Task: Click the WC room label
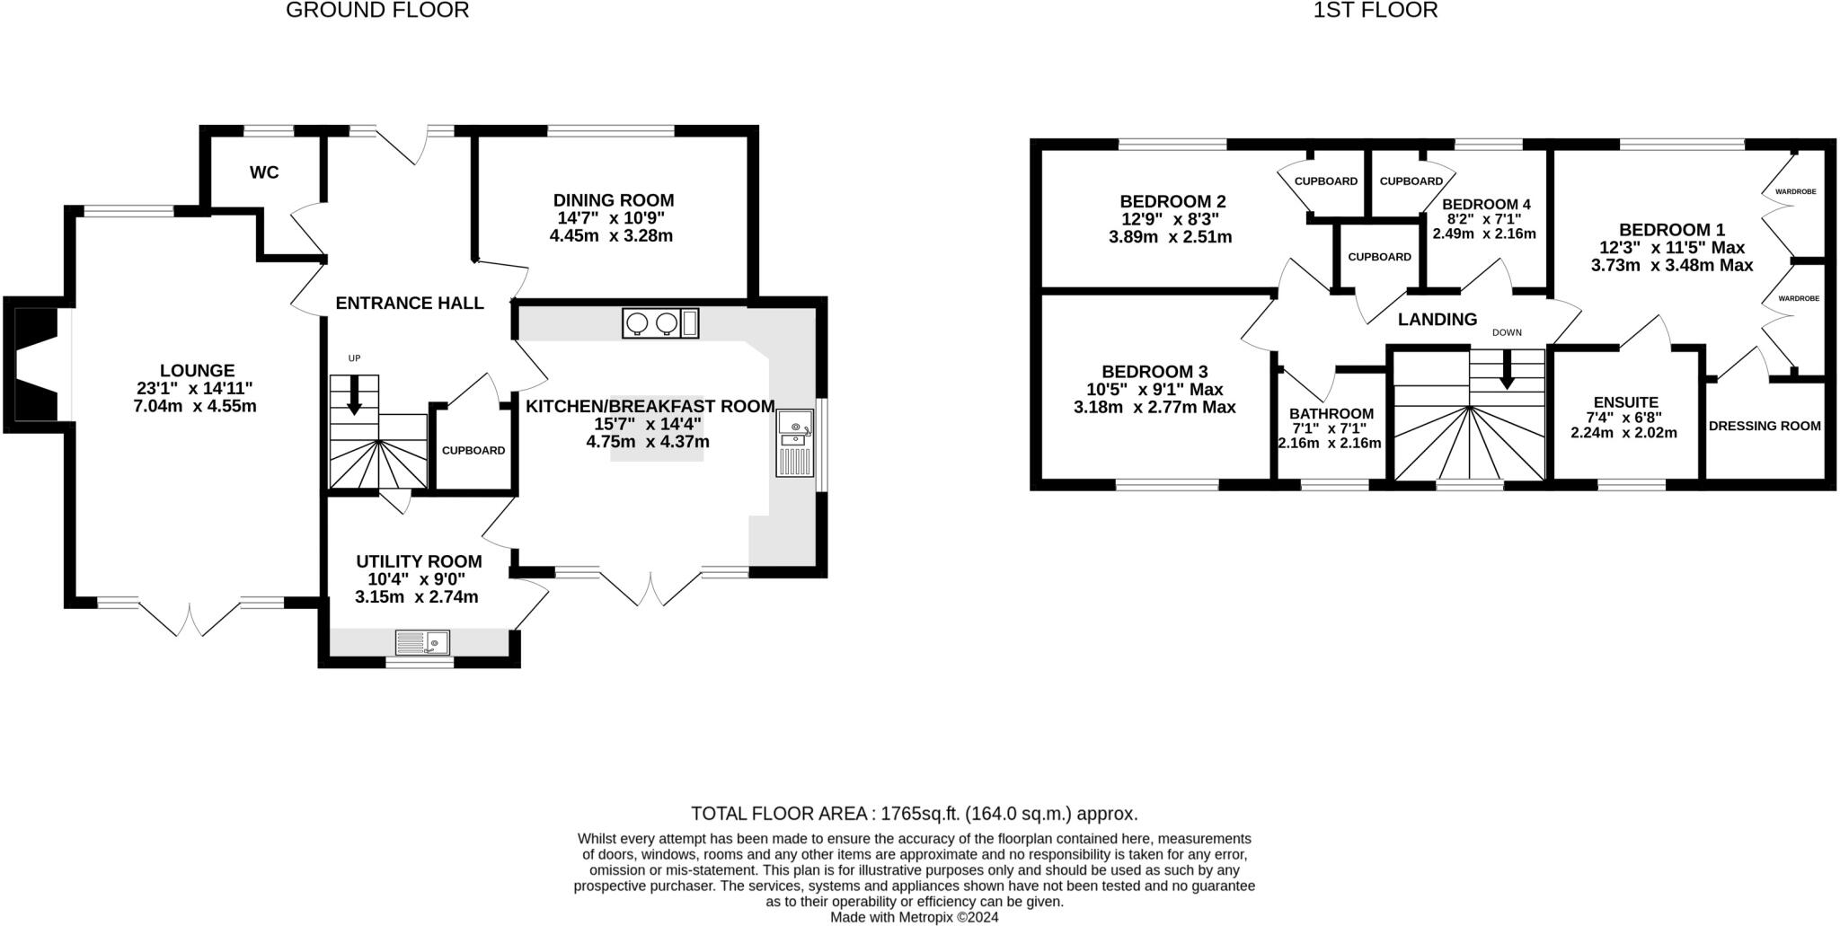(x=264, y=172)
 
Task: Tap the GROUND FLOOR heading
(x=377, y=11)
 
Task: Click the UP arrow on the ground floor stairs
(x=354, y=394)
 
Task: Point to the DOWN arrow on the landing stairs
(x=1507, y=369)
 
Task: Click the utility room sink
(x=422, y=642)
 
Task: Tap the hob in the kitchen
(x=659, y=323)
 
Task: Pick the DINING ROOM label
(x=614, y=200)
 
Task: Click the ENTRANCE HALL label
(x=410, y=304)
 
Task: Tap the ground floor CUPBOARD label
(x=473, y=451)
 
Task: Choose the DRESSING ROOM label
(x=1765, y=426)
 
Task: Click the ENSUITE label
(x=1625, y=402)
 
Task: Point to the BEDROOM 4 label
(x=1486, y=204)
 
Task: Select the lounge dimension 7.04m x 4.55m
(x=195, y=406)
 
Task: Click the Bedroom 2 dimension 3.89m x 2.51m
(x=1171, y=238)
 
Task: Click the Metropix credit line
(x=914, y=917)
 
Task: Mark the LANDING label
(x=1437, y=319)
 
